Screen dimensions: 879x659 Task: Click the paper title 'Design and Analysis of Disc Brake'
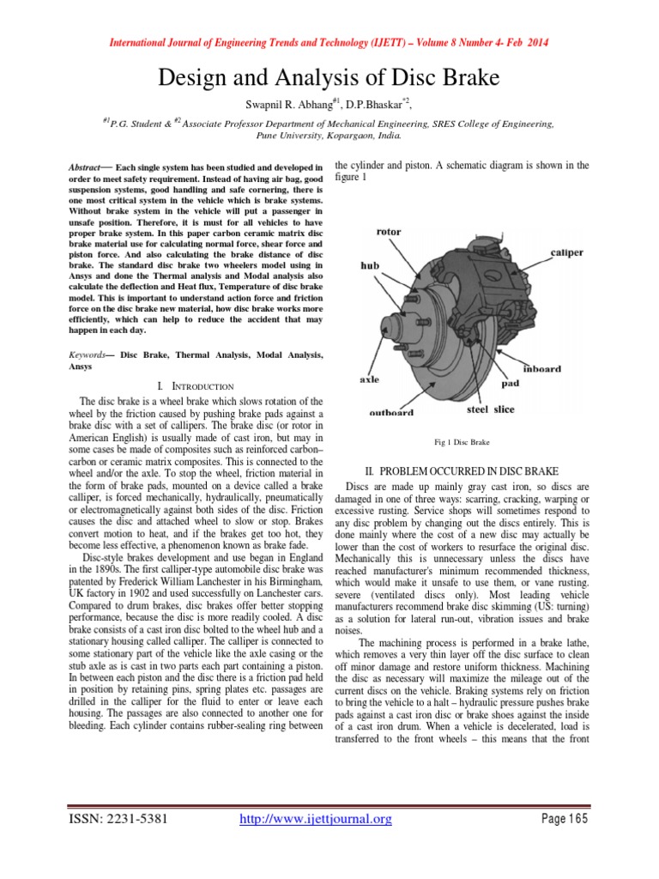(329, 79)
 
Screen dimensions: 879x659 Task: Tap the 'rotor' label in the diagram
(389, 231)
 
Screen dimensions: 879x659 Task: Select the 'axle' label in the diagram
(368, 379)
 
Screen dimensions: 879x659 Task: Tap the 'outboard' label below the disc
(391, 412)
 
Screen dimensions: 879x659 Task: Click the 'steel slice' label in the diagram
(490, 409)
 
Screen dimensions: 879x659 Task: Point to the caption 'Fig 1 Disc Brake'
(462, 442)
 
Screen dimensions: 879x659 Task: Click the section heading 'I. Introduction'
(196, 387)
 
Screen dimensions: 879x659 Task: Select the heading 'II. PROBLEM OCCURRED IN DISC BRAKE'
(462, 471)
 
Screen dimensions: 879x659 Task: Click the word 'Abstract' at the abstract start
(87, 165)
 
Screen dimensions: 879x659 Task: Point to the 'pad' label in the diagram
(510, 384)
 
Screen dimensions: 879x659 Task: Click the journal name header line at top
(329, 43)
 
